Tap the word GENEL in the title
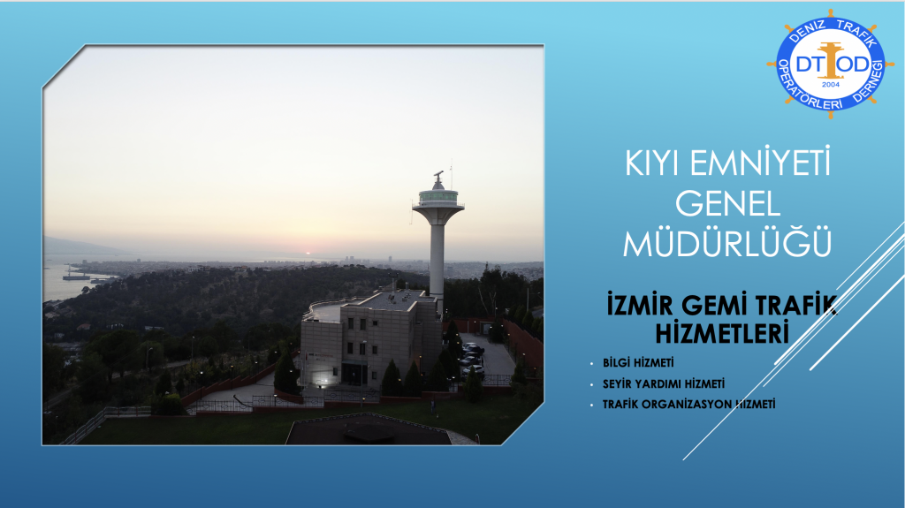pos(728,204)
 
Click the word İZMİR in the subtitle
pos(640,304)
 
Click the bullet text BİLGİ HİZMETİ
pos(638,362)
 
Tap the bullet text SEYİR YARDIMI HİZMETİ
pos(663,383)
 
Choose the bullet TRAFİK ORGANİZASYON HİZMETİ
pos(688,404)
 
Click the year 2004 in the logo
pos(831,84)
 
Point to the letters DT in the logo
pos(808,64)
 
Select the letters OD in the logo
pos(854,64)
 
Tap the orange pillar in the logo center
pos(830,61)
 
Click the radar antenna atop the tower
pos(438,174)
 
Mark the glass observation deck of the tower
pos(438,196)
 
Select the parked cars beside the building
pos(472,358)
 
